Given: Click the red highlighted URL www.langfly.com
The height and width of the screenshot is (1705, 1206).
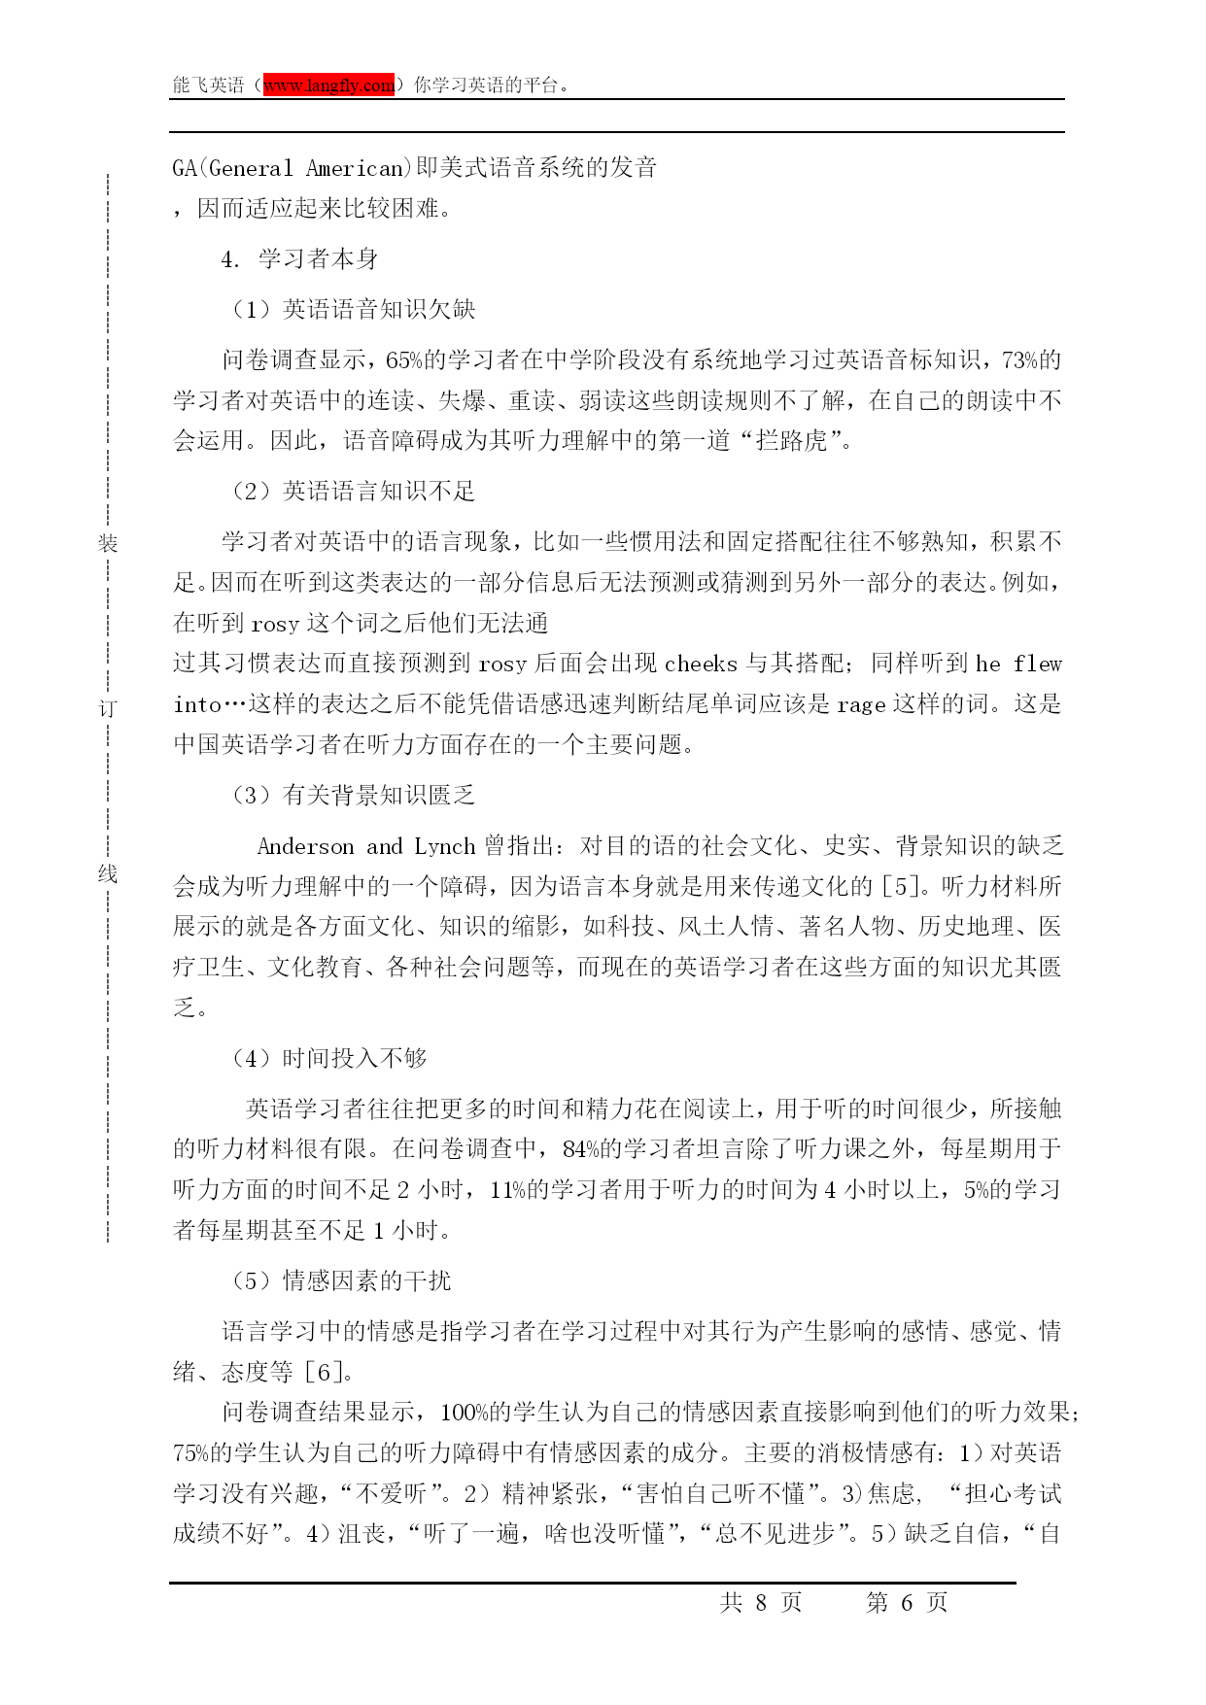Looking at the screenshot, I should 328,85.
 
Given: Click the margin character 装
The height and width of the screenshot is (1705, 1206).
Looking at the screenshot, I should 107,543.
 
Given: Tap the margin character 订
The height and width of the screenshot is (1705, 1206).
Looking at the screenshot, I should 107,708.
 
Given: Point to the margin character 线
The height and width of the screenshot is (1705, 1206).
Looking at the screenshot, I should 107,873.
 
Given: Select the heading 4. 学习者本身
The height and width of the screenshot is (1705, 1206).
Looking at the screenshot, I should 299,259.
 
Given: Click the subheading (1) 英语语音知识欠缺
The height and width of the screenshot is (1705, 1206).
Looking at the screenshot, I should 354,310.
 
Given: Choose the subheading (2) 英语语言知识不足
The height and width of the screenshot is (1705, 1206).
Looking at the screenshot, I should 354,492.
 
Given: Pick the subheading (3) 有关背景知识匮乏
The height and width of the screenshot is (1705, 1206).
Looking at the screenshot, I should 354,796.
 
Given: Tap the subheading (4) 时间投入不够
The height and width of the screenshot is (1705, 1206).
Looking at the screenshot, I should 329,1059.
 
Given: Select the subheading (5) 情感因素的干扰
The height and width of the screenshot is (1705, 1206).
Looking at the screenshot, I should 341,1281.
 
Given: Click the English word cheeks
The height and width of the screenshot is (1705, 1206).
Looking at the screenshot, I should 701,665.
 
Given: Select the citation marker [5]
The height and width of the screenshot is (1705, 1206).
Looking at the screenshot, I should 899,887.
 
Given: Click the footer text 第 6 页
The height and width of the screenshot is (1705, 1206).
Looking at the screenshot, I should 906,1603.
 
